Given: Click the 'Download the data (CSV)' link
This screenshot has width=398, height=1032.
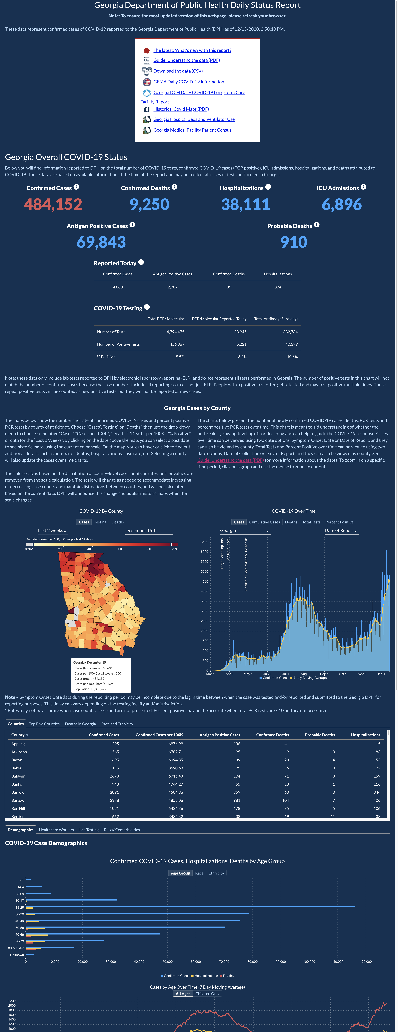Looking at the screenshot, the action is tap(178, 71).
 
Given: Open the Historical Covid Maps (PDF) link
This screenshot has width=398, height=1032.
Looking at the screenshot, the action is tap(181, 109).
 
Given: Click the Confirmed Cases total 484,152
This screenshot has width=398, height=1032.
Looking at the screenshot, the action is tap(53, 204).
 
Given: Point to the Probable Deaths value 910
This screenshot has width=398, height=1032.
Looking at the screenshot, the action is tap(294, 242).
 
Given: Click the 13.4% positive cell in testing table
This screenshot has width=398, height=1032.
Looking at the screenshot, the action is tap(241, 357).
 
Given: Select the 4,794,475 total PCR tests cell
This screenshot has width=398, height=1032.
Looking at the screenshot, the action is tap(176, 332).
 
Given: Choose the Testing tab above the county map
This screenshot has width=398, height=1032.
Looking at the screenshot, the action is tap(100, 522).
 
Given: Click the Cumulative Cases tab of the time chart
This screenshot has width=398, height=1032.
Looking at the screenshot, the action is tap(265, 522).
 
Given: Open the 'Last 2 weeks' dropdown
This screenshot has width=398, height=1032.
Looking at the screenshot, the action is tap(52, 530).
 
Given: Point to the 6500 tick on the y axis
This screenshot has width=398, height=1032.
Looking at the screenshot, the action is tap(204, 542).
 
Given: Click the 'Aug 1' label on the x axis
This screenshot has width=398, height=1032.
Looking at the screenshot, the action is tap(305, 674).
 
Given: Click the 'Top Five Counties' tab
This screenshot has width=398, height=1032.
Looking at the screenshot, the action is tap(44, 724).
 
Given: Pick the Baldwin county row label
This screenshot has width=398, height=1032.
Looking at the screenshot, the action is tap(18, 776).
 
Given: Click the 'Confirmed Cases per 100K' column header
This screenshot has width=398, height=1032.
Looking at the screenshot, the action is tap(159, 735).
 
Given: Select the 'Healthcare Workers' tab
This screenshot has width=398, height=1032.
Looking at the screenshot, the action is tap(56, 830).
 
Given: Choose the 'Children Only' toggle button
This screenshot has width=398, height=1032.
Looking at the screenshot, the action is tap(207, 994).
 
